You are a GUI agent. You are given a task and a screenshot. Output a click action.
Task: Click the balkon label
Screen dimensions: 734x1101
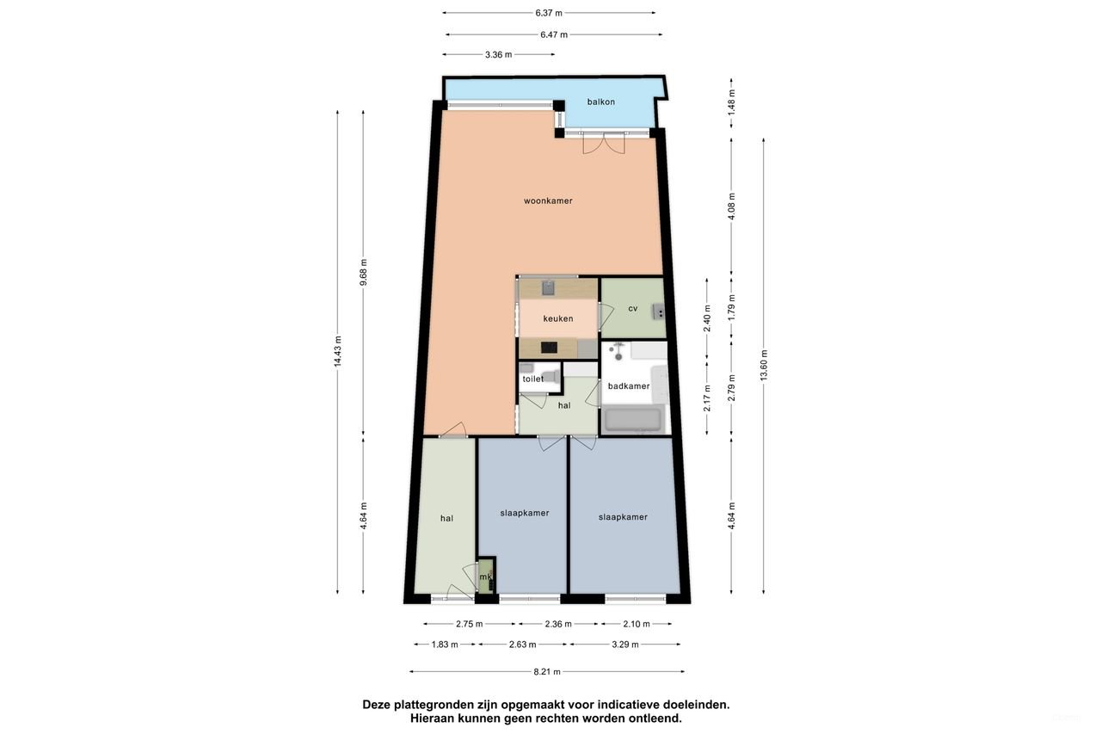(x=600, y=102)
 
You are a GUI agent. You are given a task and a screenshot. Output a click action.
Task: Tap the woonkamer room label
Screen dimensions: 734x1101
(x=548, y=200)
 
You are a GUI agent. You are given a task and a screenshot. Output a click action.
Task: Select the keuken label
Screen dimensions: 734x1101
(x=557, y=318)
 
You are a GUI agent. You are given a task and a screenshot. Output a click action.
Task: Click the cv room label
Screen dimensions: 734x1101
(x=632, y=308)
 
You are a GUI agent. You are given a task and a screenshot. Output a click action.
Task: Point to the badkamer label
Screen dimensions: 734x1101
(x=628, y=386)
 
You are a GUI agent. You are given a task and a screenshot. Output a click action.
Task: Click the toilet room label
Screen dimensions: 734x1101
(x=532, y=379)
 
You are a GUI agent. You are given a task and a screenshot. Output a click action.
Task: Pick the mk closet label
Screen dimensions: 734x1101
(x=485, y=577)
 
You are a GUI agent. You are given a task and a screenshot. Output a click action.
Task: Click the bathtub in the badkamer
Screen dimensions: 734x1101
(x=633, y=420)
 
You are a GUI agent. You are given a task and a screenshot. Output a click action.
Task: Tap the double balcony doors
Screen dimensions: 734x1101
(x=602, y=143)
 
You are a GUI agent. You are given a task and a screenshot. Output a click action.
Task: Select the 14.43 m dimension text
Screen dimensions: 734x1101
(x=337, y=351)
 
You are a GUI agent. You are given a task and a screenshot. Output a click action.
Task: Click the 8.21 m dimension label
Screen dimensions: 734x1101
(x=547, y=672)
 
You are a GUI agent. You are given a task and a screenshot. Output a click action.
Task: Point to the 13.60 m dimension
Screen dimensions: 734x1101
(x=764, y=365)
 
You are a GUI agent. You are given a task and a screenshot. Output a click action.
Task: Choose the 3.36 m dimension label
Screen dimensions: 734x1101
(x=499, y=54)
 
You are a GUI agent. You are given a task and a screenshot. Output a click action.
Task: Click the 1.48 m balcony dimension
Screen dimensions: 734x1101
(x=731, y=108)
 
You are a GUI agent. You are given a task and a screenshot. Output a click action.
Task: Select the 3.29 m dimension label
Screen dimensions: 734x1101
(x=624, y=645)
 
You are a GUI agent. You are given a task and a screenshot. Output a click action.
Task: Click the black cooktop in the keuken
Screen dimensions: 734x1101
(x=547, y=348)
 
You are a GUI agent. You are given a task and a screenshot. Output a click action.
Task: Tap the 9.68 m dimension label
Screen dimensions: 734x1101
(x=363, y=273)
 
